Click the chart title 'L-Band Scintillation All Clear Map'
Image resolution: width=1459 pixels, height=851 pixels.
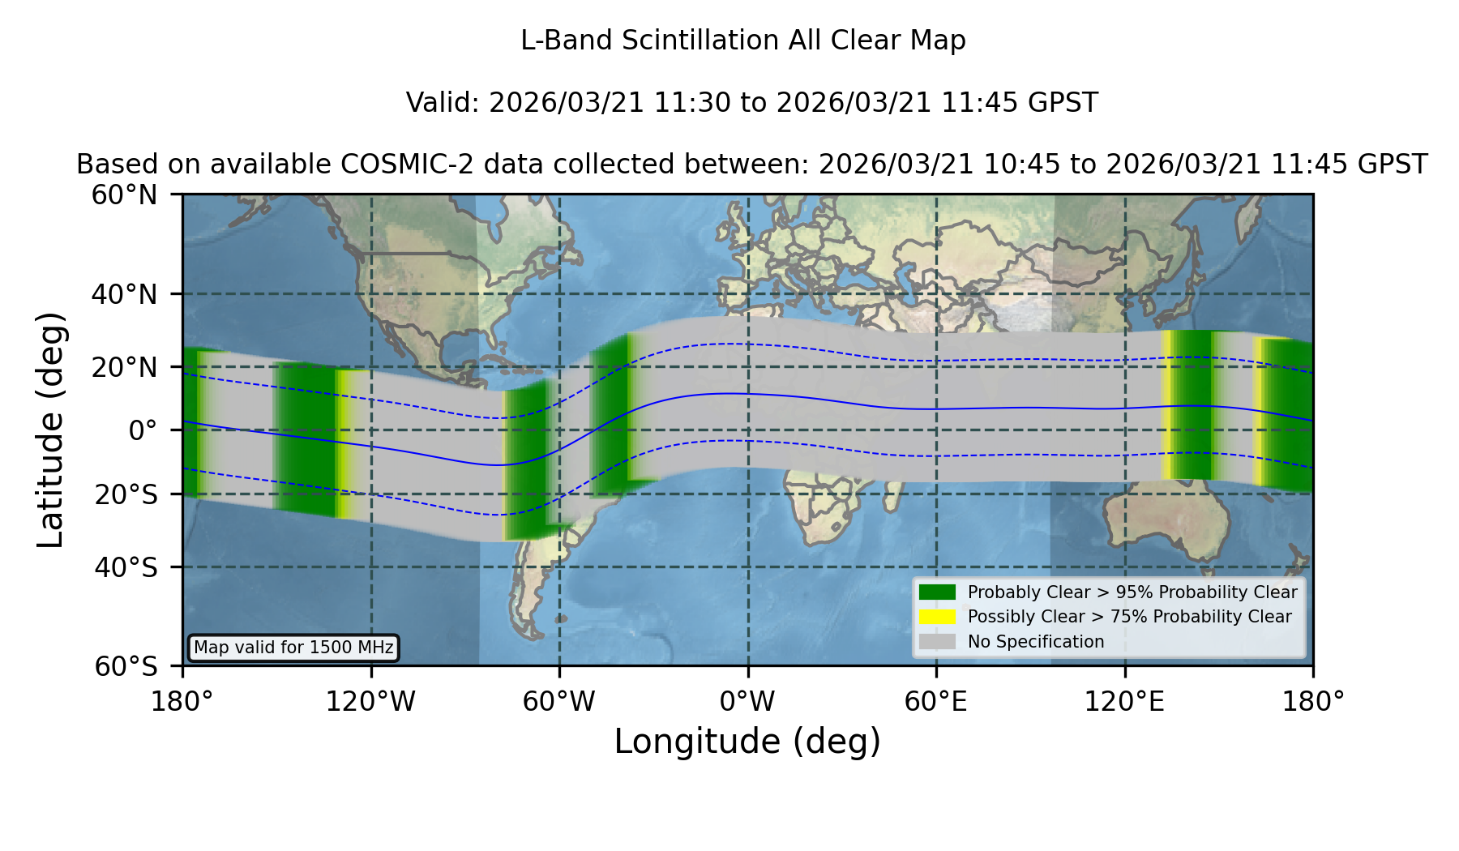[742, 41]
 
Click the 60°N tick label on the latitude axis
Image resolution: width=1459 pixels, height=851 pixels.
[124, 195]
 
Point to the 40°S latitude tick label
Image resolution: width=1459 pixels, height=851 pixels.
[126, 567]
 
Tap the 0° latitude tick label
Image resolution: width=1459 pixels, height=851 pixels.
[143, 430]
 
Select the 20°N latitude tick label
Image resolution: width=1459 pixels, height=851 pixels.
[124, 367]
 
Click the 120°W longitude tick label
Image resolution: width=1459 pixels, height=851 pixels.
[370, 702]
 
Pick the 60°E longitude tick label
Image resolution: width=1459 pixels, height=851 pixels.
[936, 702]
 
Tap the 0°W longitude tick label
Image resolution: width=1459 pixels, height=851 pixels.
[748, 702]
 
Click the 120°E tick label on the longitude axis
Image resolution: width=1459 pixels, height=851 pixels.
[1124, 702]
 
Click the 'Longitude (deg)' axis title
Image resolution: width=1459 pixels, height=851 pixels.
[747, 742]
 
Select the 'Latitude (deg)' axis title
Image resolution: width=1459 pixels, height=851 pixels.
[50, 430]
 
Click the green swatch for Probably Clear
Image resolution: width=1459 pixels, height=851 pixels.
[937, 592]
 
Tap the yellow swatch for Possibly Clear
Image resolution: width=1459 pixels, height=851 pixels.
[937, 617]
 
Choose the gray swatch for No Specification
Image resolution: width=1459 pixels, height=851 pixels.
[937, 642]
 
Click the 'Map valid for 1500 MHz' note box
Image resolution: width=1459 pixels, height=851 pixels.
[293, 648]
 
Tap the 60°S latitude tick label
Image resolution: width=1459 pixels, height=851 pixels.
[126, 667]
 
